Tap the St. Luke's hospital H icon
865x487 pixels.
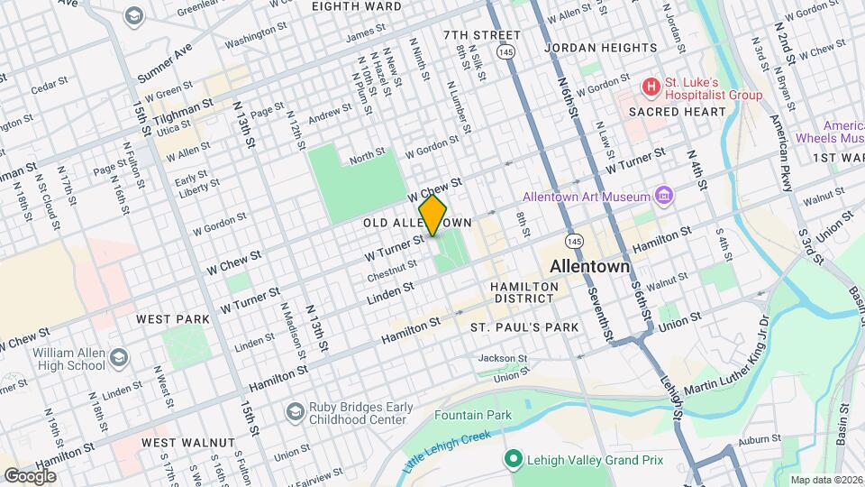[651, 87]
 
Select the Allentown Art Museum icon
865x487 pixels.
[664, 196]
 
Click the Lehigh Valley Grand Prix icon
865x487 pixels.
[513, 460]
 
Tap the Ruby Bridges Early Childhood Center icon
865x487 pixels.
[294, 412]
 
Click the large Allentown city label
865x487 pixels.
[590, 267]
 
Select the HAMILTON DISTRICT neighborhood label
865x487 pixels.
[525, 291]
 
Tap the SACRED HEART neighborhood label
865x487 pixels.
[677, 112]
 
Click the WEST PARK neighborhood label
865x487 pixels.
[172, 319]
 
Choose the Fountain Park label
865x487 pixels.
[472, 416]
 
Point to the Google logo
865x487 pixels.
[31, 475]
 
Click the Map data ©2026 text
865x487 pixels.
[824, 480]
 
